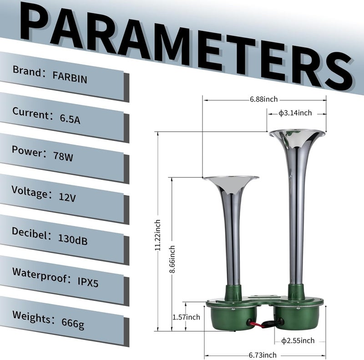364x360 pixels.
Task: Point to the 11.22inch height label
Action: click(x=157, y=235)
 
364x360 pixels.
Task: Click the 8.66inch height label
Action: click(x=172, y=260)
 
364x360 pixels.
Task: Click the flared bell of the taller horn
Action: click(x=297, y=135)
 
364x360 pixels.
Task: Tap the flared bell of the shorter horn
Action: click(x=230, y=180)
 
